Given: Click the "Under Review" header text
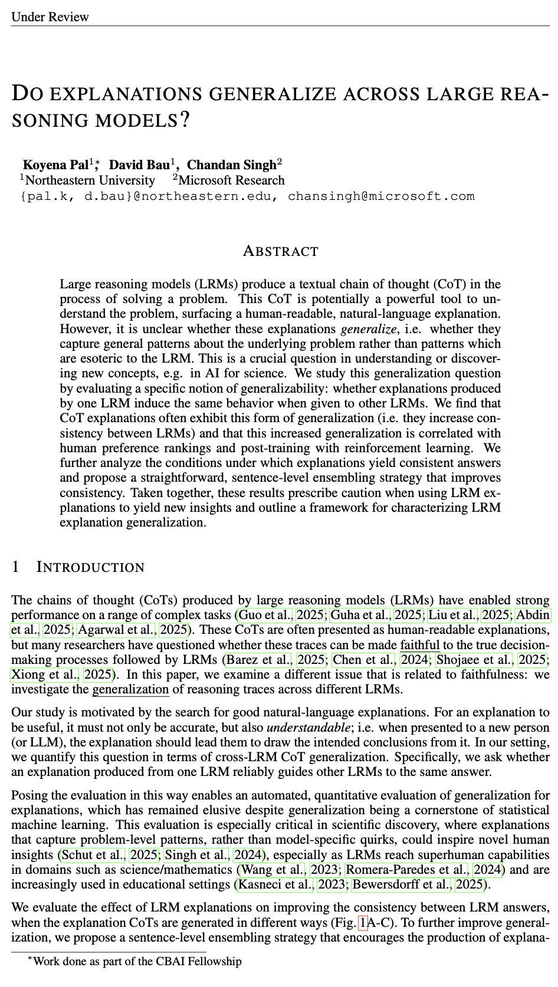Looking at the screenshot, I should pos(50,17).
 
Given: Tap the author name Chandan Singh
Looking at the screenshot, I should pos(231,165).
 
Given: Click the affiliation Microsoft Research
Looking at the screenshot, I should pos(231,180).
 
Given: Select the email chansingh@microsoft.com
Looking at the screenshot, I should pos(380,196).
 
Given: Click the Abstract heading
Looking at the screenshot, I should pos(280,252).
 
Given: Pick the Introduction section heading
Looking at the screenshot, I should pos(90,567).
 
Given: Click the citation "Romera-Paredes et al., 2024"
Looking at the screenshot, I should pos(424,869).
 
